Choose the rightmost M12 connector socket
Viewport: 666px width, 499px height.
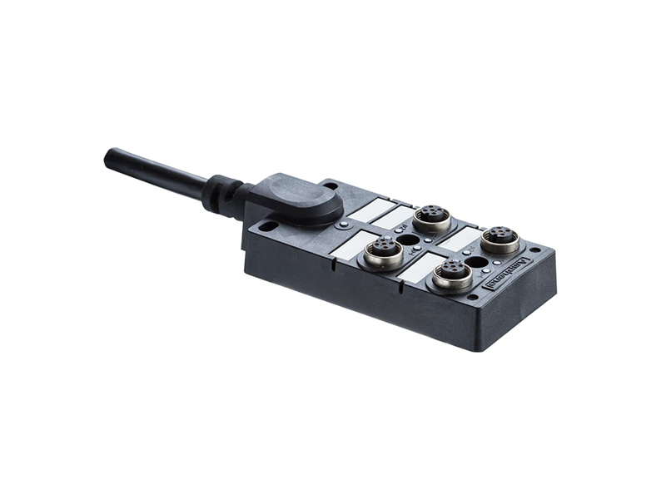[500, 239]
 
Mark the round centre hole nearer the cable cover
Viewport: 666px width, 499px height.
[408, 240]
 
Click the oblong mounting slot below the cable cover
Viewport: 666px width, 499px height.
[268, 225]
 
